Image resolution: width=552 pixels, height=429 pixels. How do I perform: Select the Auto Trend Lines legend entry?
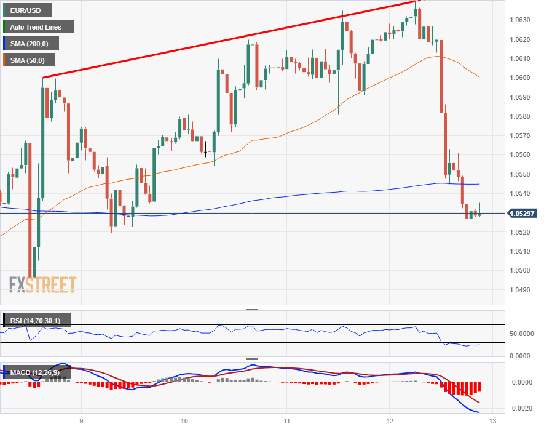[x=38, y=26]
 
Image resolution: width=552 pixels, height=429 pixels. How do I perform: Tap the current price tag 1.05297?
[x=522, y=214]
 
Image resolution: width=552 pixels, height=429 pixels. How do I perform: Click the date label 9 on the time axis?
[x=81, y=420]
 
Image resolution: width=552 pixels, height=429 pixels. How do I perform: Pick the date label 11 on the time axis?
[x=287, y=420]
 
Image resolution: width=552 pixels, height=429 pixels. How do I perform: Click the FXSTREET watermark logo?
[x=43, y=284]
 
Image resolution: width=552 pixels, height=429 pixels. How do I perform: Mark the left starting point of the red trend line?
[x=42, y=78]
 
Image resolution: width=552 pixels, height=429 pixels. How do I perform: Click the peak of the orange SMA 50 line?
[x=436, y=56]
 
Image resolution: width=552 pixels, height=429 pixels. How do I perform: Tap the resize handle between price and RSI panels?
[x=252, y=308]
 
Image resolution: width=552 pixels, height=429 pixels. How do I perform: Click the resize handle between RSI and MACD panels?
[x=252, y=359]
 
